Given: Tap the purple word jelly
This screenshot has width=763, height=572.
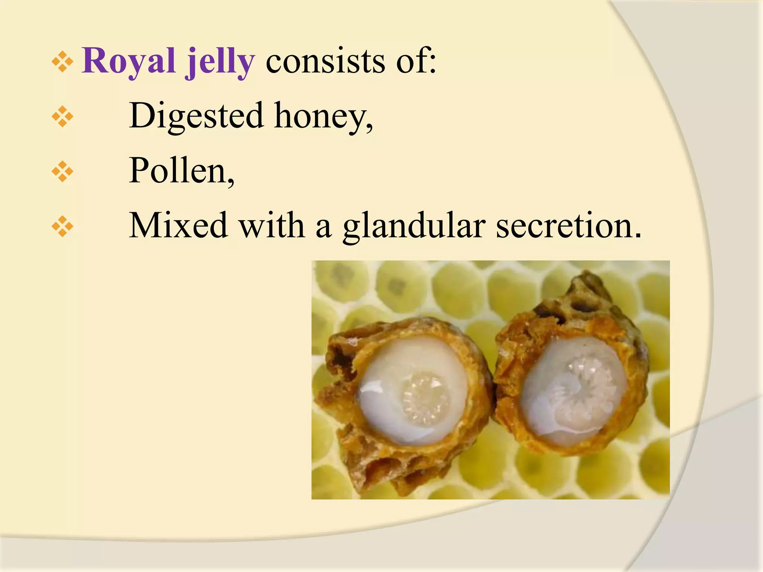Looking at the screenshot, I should click(220, 61).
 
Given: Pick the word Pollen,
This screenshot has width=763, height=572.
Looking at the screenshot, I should click(181, 171).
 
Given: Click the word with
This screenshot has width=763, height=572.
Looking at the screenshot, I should click(272, 225).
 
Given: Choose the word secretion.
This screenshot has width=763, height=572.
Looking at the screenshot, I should click(569, 226).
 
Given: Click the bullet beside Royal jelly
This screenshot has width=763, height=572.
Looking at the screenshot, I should click(63, 61).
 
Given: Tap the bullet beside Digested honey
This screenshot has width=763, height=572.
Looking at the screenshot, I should click(63, 117).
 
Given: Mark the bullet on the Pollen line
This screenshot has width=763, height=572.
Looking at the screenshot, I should click(63, 172).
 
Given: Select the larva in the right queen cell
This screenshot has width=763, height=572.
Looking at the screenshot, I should click(581, 391).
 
